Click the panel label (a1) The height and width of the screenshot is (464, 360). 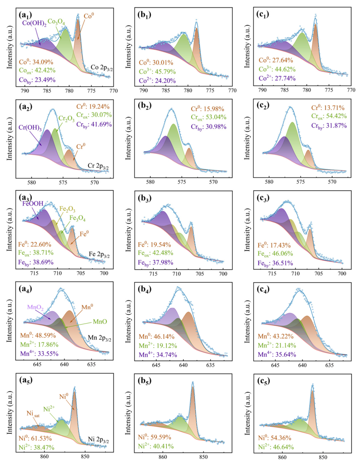pyautogui.click(x=25, y=15)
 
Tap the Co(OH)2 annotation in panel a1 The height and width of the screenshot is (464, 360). pyautogui.click(x=34, y=24)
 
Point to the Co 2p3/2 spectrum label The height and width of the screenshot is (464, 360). pyautogui.click(x=102, y=68)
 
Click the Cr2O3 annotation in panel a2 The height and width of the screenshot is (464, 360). pyautogui.click(x=67, y=119)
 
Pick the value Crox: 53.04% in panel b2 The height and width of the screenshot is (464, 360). pyautogui.click(x=209, y=117)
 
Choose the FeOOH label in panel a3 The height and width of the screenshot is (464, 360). pyautogui.click(x=33, y=204)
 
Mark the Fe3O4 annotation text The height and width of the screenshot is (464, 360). pyautogui.click(x=77, y=219)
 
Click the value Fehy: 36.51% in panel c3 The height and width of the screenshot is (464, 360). pyautogui.click(x=275, y=263)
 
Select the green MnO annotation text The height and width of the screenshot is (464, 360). pyautogui.click(x=100, y=322)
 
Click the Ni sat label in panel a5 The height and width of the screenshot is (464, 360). pyautogui.click(x=33, y=413)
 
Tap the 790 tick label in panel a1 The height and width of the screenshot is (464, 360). pyautogui.click(x=25, y=91)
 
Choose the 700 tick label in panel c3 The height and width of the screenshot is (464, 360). pyautogui.click(x=342, y=273)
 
